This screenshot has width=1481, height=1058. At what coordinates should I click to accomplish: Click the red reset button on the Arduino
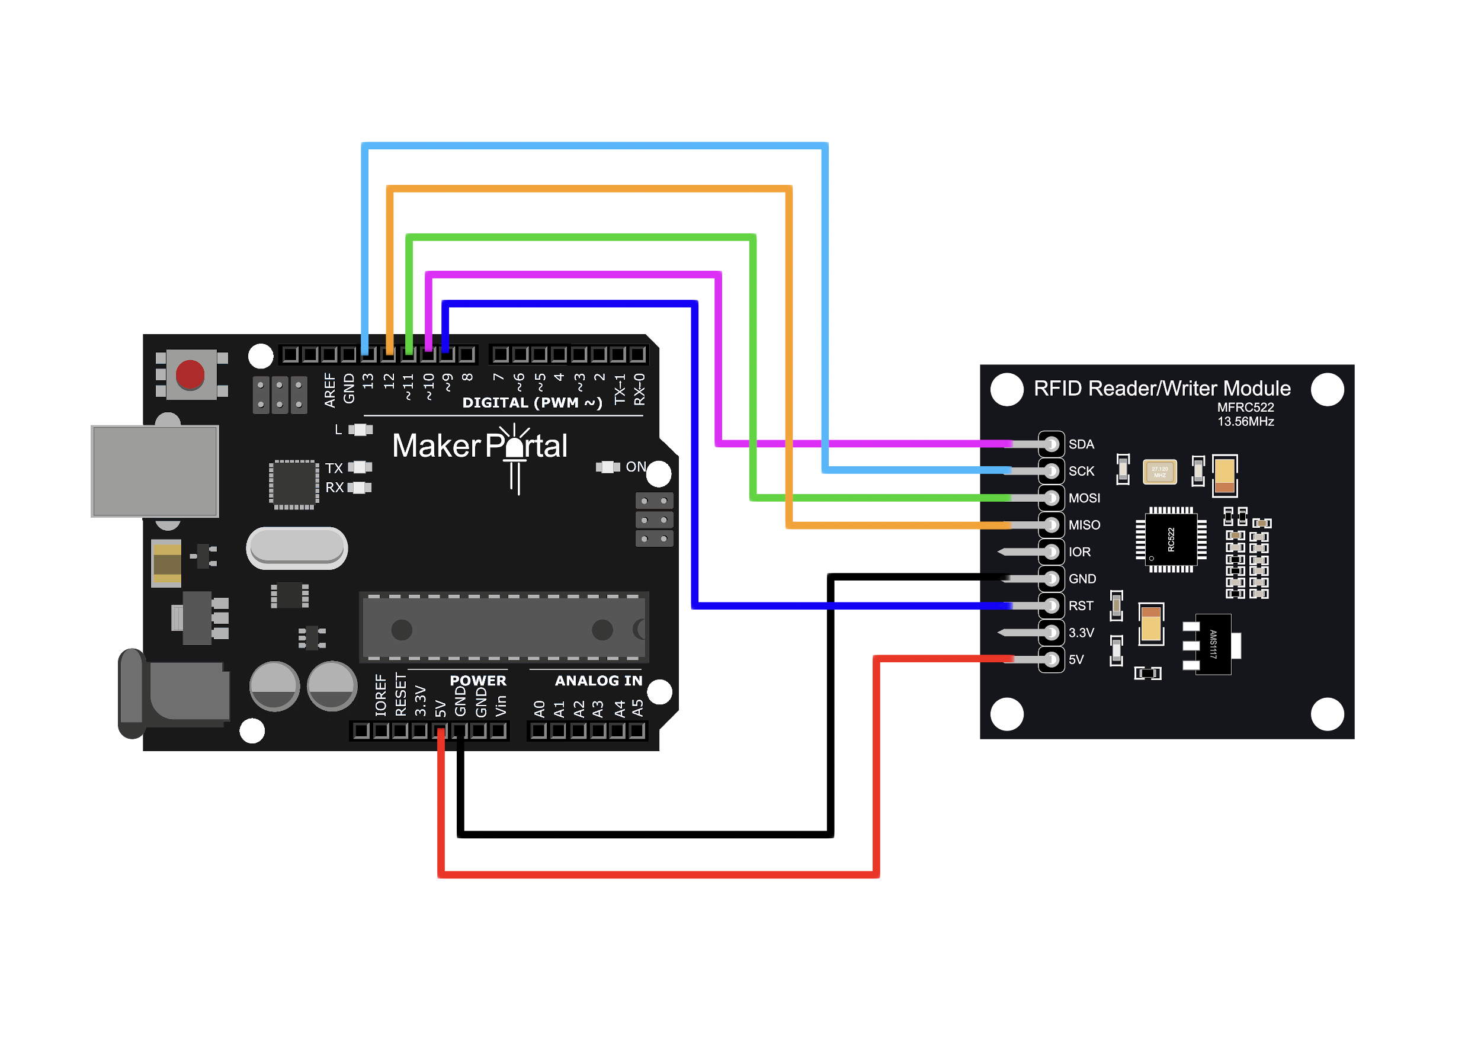tap(190, 374)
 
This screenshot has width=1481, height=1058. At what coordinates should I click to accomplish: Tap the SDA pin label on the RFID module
tap(1081, 444)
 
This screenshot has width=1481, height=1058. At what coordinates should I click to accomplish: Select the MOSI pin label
tap(1084, 498)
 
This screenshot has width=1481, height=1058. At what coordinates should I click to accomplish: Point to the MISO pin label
tap(1084, 525)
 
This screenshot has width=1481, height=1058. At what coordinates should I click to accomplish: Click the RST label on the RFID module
tap(1081, 606)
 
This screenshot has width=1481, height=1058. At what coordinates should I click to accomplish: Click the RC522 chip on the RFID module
tap(1171, 540)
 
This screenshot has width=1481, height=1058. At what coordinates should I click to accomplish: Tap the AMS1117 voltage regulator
tap(1213, 645)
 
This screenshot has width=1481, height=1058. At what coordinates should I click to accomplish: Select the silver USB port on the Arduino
tap(155, 471)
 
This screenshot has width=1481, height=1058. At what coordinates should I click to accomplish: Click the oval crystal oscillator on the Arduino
tap(297, 547)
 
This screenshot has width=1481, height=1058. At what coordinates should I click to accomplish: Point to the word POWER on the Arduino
tap(477, 681)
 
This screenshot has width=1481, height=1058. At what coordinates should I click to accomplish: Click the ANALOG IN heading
tap(598, 681)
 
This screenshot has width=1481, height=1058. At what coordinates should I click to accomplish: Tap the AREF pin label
tap(330, 390)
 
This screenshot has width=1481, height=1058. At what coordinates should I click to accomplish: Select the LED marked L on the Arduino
tap(360, 430)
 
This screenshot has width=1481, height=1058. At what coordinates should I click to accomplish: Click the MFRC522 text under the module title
tap(1245, 407)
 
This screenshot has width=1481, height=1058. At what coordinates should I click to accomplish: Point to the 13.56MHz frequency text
tap(1245, 422)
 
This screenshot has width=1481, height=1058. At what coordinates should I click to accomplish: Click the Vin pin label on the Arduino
tap(501, 706)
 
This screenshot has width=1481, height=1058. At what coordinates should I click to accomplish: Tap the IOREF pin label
tap(380, 696)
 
